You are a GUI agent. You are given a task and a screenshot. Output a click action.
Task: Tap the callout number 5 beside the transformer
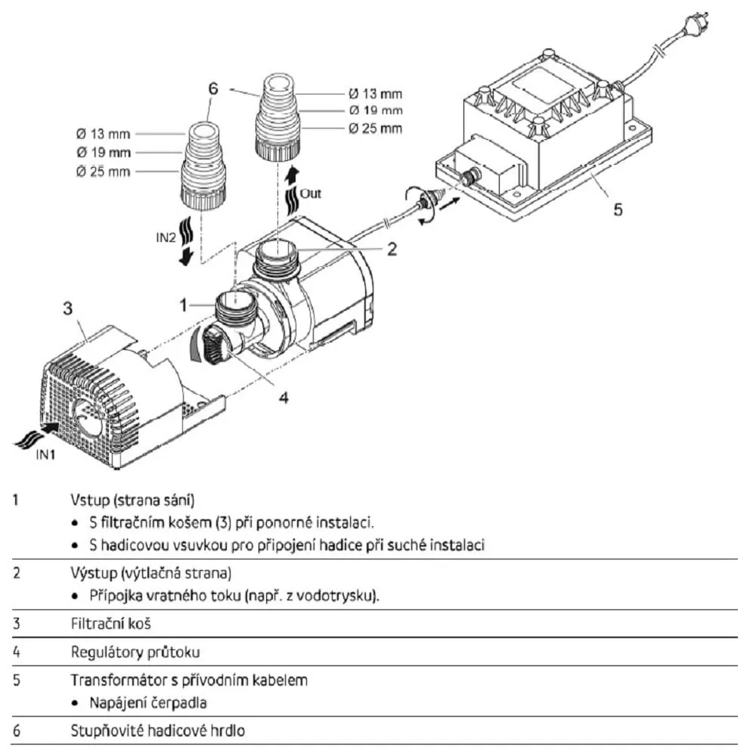(x=618, y=209)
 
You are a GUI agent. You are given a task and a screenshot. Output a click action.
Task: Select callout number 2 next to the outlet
(x=392, y=249)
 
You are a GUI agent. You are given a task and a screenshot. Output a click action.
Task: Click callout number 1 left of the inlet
(x=183, y=304)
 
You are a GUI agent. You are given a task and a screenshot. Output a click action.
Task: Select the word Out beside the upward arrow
(x=311, y=194)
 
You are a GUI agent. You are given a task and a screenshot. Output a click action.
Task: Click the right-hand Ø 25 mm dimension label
(x=376, y=129)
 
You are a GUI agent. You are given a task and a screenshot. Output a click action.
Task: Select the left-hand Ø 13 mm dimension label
(x=103, y=135)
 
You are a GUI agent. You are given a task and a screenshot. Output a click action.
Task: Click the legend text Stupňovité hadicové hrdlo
(x=157, y=731)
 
